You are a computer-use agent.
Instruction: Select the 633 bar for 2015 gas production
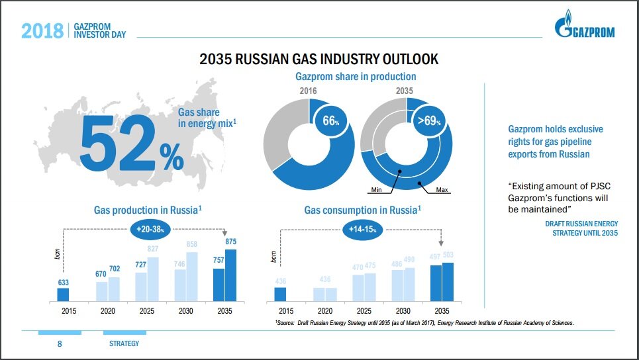click(63, 294)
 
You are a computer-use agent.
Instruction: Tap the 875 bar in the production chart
click(230, 275)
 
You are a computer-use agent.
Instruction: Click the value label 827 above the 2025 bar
click(153, 249)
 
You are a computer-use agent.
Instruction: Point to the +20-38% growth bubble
click(150, 228)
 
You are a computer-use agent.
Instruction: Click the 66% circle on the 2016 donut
click(330, 120)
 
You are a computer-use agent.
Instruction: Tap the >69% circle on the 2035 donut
click(428, 120)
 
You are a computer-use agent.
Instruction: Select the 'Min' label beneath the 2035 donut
click(377, 190)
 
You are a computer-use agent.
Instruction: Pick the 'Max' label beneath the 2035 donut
click(442, 190)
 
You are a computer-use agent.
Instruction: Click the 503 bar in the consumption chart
click(448, 281)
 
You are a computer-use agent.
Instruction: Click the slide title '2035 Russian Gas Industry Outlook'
click(319, 60)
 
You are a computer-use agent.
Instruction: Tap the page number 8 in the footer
click(60, 344)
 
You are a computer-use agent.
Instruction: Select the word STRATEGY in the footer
click(124, 344)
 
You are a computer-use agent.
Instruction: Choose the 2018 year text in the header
click(42, 30)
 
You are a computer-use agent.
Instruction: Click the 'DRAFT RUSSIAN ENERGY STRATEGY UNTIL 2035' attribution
click(581, 228)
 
